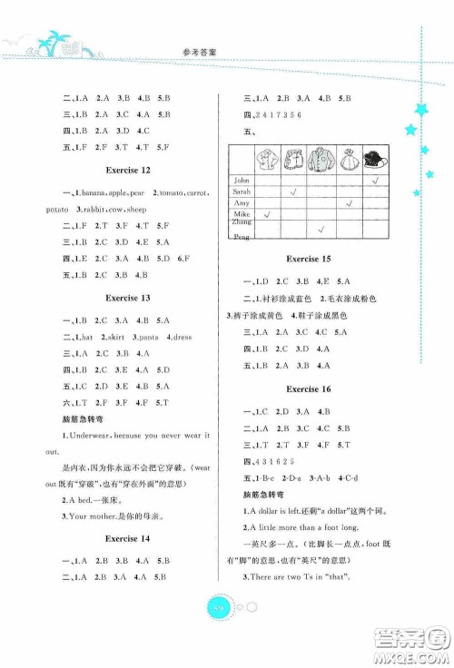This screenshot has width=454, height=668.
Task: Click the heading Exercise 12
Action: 126,170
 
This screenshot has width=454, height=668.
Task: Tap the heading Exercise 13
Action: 126,297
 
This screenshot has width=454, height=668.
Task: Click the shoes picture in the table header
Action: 373,158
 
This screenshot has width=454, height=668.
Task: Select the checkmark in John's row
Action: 374,181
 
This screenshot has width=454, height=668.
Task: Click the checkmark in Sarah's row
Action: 291,192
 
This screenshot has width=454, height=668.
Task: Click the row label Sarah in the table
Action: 242,192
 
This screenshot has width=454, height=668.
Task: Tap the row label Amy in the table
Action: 241,204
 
